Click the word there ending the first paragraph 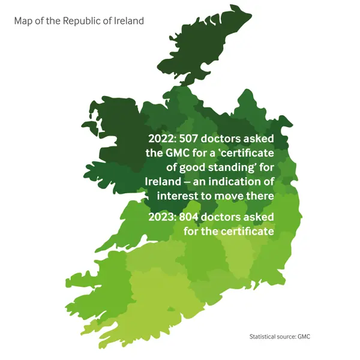pyautogui.click(x=259, y=196)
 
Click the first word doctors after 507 pyautogui.click(x=226, y=138)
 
